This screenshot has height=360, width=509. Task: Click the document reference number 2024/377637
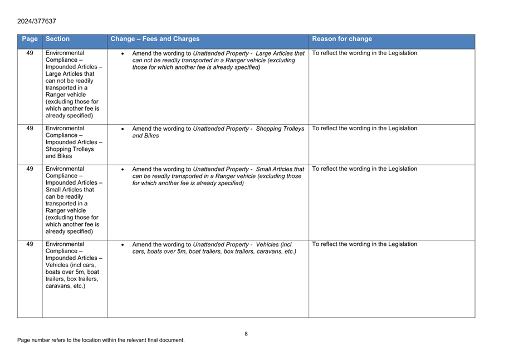pos(37,21)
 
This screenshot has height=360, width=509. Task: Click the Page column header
pos(30,39)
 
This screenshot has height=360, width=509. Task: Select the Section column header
pos(58,39)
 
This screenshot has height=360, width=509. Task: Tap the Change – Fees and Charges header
pos(155,39)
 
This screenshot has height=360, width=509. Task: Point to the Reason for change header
pos(342,39)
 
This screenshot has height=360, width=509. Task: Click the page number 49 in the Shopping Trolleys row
pos(30,129)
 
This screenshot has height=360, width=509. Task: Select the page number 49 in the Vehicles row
pos(30,244)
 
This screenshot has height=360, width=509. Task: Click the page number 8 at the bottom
pos(246,334)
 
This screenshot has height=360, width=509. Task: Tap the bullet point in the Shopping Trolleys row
pos(123,129)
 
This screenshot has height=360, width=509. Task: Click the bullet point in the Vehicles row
pos(123,245)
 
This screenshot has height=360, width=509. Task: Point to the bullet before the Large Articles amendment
pos(123,54)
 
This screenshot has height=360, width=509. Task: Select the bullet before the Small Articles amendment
pos(123,170)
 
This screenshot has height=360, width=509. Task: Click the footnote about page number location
pos(101,340)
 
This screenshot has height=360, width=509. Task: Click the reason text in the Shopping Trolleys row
pos(364,129)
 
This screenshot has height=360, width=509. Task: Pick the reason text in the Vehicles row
pos(364,244)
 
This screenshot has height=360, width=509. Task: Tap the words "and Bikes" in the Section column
pos(59,156)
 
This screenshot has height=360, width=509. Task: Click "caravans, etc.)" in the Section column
pos(65,286)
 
